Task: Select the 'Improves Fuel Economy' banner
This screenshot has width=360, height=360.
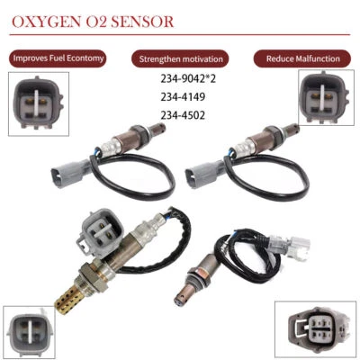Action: pyautogui.click(x=58, y=58)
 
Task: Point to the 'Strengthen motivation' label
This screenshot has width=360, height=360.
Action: pyautogui.click(x=183, y=58)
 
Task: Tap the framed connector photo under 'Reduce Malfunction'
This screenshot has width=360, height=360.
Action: pyautogui.click(x=326, y=94)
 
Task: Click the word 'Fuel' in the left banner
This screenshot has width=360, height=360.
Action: pyautogui.click(x=59, y=58)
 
